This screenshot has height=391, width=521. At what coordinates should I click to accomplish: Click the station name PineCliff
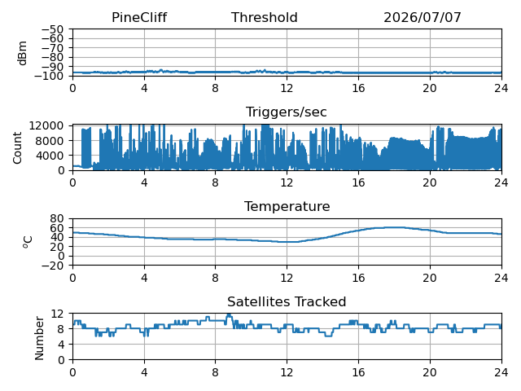point(139,18)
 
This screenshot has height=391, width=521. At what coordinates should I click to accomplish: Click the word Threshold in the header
point(264,18)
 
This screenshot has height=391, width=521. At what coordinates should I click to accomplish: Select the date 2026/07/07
point(422,18)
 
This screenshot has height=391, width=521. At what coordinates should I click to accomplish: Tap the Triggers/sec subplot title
point(287,112)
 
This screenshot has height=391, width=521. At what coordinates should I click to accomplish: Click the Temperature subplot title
point(287,206)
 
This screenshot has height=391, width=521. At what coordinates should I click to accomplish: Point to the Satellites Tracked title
point(287,301)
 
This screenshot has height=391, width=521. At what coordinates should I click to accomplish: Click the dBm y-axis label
point(22,53)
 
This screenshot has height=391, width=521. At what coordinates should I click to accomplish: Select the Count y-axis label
point(17,148)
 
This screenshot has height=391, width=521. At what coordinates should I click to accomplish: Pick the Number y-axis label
point(39,338)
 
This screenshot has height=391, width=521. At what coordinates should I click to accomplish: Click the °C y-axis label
point(28,242)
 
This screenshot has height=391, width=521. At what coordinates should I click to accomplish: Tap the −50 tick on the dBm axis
point(52,29)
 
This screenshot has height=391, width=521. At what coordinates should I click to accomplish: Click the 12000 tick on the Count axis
point(46,125)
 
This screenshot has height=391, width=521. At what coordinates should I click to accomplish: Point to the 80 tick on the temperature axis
point(57,218)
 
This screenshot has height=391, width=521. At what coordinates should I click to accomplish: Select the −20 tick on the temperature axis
point(52,266)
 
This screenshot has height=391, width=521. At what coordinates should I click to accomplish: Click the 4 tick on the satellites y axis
point(60,345)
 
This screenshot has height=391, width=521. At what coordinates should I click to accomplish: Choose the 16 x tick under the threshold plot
point(358,89)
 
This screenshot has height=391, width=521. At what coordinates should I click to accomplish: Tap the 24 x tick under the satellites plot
point(501,372)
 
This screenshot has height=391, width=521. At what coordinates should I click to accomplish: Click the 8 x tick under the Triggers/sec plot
point(215,182)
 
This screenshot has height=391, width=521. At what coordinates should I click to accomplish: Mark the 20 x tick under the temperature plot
point(430,278)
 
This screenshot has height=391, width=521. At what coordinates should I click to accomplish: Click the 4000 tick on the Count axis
point(50,156)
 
